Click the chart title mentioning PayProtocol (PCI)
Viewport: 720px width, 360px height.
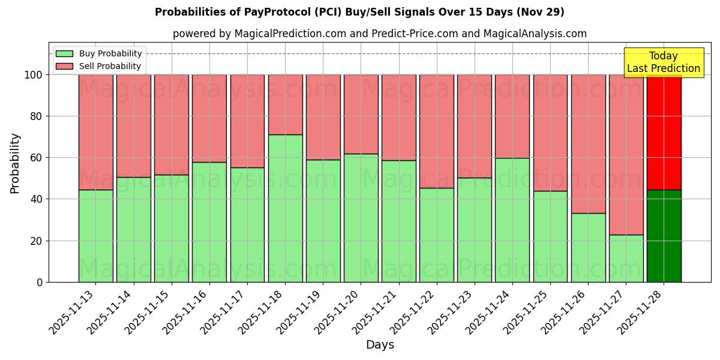[359, 12]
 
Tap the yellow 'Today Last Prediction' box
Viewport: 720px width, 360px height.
[664, 62]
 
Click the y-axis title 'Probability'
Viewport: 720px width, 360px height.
[15, 163]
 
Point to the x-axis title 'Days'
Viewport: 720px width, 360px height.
[380, 345]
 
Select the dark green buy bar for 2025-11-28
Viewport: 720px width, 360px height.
[664, 236]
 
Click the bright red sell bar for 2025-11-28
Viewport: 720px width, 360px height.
[664, 132]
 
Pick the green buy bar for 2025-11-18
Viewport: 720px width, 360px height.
[285, 208]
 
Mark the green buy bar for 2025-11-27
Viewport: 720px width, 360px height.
[626, 258]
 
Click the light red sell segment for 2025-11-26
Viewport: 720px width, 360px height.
[588, 144]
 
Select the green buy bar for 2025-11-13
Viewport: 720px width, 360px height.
[95, 236]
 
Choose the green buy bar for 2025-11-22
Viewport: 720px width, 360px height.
[436, 235]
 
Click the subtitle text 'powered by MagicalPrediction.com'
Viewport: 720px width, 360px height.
[259, 34]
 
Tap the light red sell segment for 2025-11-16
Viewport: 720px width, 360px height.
[209, 118]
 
